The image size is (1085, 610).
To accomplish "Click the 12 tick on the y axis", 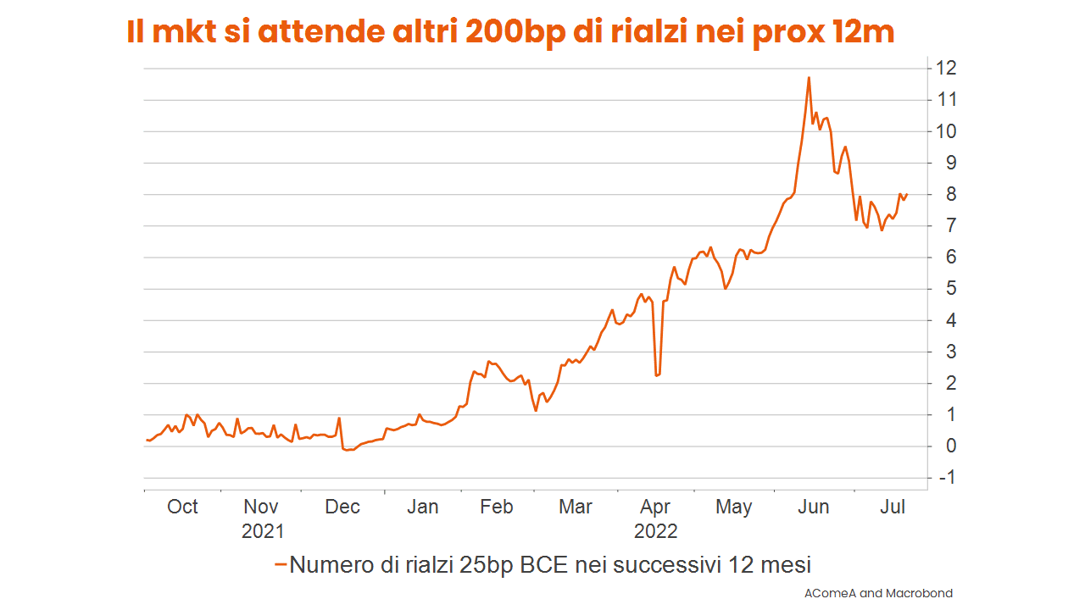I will point(946,68).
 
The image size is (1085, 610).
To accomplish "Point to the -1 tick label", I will point(945,478).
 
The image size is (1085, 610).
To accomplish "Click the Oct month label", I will point(182,507).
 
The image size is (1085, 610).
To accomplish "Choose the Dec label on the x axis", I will point(342,507).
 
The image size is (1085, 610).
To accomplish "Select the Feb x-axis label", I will point(496,507).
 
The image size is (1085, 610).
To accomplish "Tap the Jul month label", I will point(893,507).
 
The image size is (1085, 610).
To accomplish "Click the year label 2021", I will point(263,532).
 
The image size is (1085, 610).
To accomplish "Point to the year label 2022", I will point(656,532).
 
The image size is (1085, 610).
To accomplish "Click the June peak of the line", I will point(809,78).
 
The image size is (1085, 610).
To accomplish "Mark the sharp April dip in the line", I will point(657,374).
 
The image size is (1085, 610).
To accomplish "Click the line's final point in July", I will point(907,194).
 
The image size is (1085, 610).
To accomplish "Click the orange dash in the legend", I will point(281,564).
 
